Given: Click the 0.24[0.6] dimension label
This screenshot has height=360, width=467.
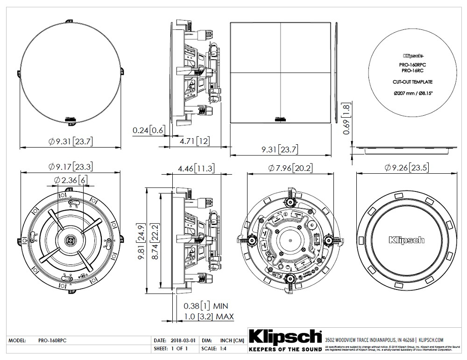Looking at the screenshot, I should (x=149, y=131).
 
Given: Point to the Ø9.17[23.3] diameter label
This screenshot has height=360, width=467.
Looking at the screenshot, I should (x=71, y=167).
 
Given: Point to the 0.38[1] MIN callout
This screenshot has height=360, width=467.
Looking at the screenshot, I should (x=205, y=306).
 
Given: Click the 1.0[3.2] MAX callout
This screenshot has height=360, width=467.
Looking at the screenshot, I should (x=208, y=317).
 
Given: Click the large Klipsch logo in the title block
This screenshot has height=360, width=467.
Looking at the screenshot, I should (x=285, y=337).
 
